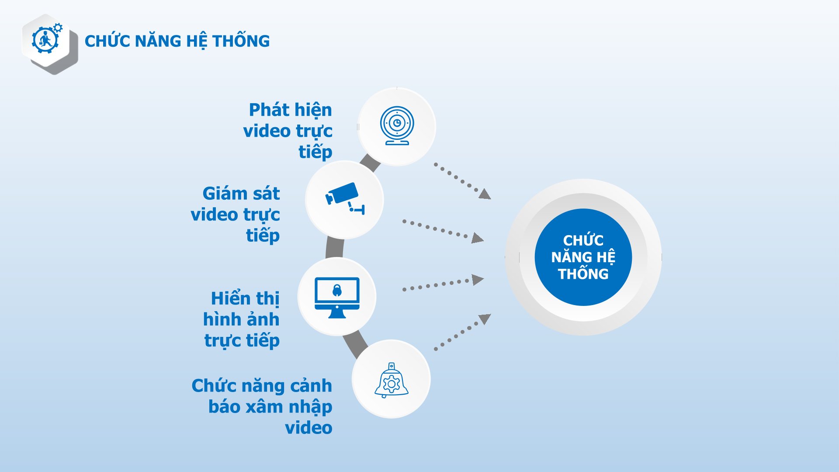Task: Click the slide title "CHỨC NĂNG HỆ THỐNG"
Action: point(177,41)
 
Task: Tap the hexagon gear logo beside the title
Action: point(50,44)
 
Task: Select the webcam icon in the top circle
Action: point(397,125)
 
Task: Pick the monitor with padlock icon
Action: point(337,298)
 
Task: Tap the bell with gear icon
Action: point(391,380)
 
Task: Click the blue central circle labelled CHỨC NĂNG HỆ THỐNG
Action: point(583,257)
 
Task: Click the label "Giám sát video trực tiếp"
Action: point(236,214)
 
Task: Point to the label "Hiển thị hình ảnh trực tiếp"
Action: point(241,319)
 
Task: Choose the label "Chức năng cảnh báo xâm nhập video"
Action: point(262,406)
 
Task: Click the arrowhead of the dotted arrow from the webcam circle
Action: point(485,194)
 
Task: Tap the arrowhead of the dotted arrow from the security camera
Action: point(478,238)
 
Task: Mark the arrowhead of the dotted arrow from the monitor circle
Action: point(478,279)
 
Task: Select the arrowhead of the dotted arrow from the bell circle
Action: point(485,319)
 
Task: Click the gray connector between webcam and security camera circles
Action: point(370,163)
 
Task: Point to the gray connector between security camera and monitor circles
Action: point(335,248)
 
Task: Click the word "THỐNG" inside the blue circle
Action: point(583,274)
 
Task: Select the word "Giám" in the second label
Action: point(224,193)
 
